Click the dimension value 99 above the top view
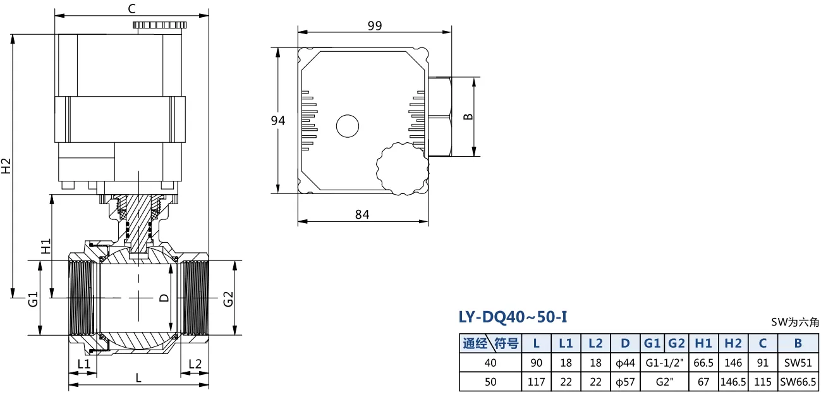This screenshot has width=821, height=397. [375, 26]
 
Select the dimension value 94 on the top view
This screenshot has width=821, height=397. [278, 121]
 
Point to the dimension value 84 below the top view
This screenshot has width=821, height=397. [362, 214]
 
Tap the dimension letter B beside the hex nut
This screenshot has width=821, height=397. [468, 116]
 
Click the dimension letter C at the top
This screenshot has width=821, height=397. [132, 8]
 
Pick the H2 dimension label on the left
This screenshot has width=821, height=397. [6, 166]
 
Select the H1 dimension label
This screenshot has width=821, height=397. [46, 247]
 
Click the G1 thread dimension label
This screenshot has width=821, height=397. [33, 299]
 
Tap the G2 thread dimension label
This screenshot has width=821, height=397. [228, 299]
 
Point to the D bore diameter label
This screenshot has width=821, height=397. [164, 298]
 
